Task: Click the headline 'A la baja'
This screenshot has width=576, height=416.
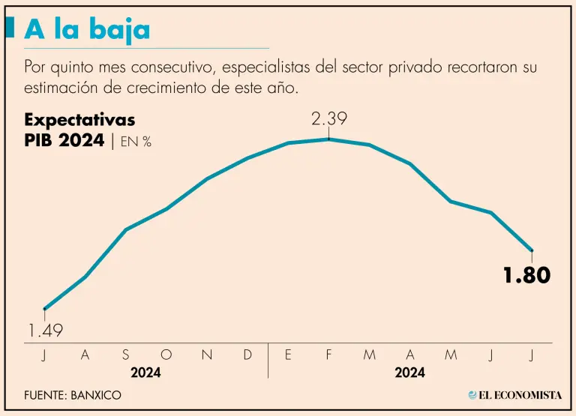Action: (x=87, y=29)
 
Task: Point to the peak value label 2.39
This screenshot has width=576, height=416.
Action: (x=329, y=118)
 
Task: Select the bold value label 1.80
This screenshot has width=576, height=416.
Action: (x=526, y=275)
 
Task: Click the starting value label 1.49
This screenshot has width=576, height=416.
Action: (x=45, y=330)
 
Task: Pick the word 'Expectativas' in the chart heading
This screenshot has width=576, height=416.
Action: (x=79, y=120)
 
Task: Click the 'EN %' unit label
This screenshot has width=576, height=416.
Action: (x=136, y=142)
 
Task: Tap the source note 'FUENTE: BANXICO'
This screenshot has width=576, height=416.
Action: (x=72, y=395)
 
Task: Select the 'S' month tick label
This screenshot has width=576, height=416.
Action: (x=125, y=355)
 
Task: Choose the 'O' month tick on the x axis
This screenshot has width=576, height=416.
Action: (x=166, y=355)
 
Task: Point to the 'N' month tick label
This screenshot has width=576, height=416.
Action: (x=207, y=355)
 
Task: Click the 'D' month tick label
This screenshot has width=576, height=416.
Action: (x=247, y=355)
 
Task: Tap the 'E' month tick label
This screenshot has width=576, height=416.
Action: (x=288, y=355)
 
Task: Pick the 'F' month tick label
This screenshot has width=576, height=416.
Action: (x=328, y=355)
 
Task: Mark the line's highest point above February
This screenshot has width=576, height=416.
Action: (x=328, y=139)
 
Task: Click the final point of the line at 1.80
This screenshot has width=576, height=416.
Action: (x=532, y=250)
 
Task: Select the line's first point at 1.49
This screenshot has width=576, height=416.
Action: (x=45, y=309)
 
